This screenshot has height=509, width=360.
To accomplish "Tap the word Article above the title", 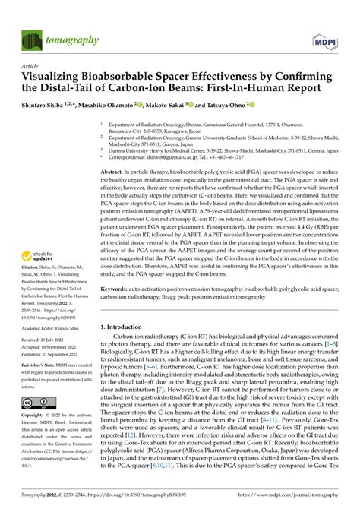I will coord(30,66).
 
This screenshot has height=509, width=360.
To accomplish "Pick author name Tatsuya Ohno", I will coord(248,105).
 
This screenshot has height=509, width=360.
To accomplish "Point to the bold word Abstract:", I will coord(113,173).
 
